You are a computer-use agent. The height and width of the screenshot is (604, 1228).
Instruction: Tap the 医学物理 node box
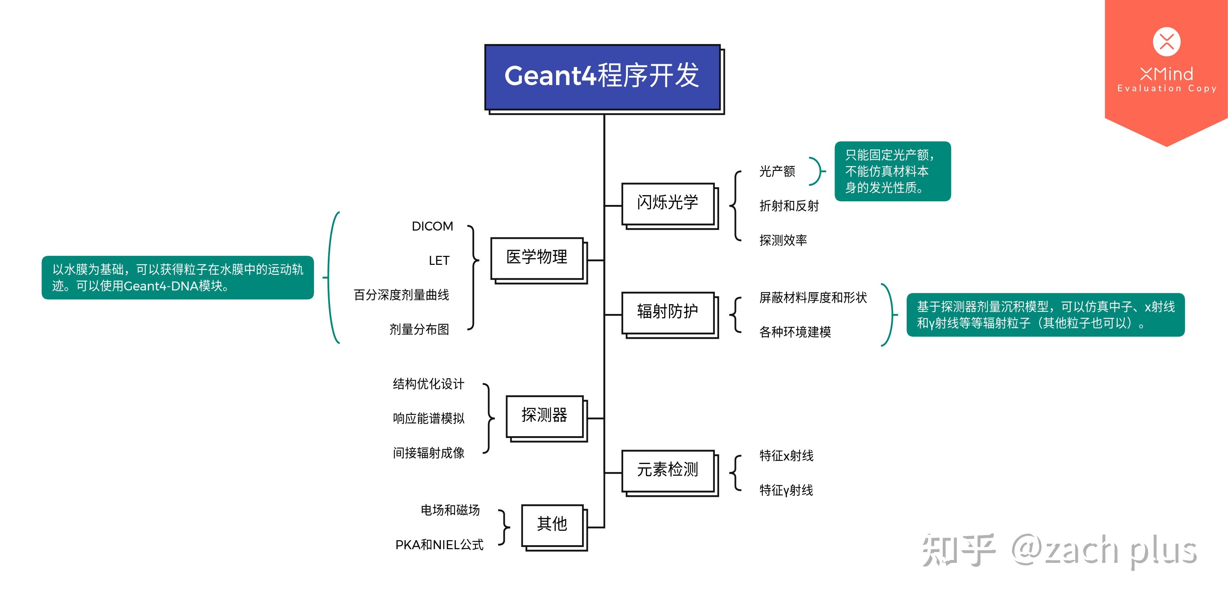(x=537, y=258)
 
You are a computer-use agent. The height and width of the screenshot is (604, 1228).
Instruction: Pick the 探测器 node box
(x=545, y=416)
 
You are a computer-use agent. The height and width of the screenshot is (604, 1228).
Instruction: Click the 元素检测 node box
(x=668, y=470)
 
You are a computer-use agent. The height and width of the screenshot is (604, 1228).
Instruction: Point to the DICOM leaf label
(x=432, y=226)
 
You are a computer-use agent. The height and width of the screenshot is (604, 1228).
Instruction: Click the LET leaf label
(x=439, y=261)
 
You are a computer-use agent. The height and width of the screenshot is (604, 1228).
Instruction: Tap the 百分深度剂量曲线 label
(x=401, y=295)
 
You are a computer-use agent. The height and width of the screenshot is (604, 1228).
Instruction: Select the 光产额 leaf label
(x=777, y=171)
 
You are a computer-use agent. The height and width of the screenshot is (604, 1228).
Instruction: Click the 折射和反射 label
(x=789, y=206)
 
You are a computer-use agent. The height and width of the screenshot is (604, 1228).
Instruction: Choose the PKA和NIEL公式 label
(x=439, y=544)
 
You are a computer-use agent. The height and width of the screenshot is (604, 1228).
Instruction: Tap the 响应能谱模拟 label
(x=428, y=419)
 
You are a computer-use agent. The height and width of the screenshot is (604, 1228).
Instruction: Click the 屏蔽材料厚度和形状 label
(x=813, y=298)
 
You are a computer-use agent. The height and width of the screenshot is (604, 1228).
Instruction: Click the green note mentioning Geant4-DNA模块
(x=177, y=278)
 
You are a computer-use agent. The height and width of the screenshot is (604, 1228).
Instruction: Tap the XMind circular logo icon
(x=1166, y=42)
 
